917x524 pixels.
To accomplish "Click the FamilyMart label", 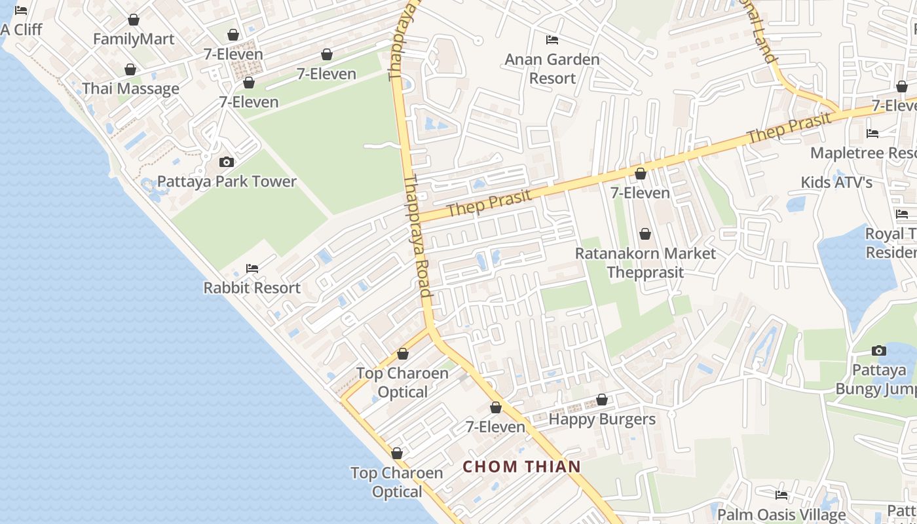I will [134, 39].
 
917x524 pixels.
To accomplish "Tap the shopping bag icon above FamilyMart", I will [134, 20].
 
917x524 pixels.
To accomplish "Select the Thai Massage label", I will [130, 88].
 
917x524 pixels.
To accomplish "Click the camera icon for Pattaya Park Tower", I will [227, 162].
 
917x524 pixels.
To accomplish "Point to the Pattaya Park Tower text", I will [227, 181].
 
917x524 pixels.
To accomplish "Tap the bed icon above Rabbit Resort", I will [252, 269].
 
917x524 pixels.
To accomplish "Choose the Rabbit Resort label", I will [252, 288].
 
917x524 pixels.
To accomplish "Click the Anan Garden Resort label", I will [552, 69].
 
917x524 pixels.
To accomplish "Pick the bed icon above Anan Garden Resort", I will [552, 40].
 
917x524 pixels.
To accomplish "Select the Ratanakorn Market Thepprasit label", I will [645, 263].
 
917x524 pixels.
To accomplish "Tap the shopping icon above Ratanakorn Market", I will [645, 234].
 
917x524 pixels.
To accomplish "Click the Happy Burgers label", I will [602, 419].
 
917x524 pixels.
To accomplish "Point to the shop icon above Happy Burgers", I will [602, 400].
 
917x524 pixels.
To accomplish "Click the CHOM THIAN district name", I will [522, 466].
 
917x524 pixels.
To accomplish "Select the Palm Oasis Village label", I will [781, 514].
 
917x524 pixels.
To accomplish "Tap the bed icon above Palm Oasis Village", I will [781, 495].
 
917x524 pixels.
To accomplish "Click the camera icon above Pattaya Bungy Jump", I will [879, 351].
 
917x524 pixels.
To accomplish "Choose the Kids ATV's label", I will [836, 182].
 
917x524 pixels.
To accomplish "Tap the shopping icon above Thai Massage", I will [130, 69].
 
